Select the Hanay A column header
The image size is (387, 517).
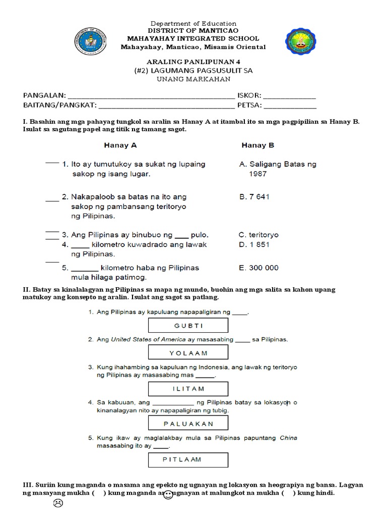(x=120, y=145)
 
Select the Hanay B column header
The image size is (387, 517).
(x=257, y=145)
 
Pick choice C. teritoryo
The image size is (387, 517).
(x=259, y=235)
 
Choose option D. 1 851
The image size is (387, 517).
(x=254, y=245)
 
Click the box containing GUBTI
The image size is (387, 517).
(x=188, y=326)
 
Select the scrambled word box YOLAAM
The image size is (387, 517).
(x=188, y=352)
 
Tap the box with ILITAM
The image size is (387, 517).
(x=188, y=388)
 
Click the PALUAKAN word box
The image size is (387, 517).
(x=188, y=424)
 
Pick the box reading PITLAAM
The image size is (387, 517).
(x=188, y=459)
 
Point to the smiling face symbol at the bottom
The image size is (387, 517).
(x=168, y=496)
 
